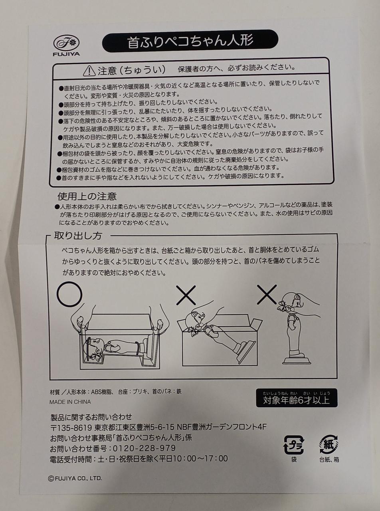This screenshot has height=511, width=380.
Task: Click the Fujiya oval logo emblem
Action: coord(67,43)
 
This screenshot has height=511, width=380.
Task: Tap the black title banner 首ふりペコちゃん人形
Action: coord(190,41)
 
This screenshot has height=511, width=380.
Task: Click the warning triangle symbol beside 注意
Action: coord(89,71)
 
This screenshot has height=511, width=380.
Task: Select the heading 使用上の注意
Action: coord(87,196)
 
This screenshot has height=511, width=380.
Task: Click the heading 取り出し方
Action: coord(78,236)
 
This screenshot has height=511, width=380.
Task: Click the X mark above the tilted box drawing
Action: coord(186,295)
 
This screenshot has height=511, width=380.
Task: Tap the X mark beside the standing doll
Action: coord(267,294)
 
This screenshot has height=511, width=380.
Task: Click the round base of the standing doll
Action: coord(297,361)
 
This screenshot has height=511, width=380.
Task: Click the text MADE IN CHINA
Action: coord(70,402)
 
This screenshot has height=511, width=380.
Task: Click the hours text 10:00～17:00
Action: coord(200,458)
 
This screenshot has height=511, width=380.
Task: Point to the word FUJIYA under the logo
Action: coord(66,54)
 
